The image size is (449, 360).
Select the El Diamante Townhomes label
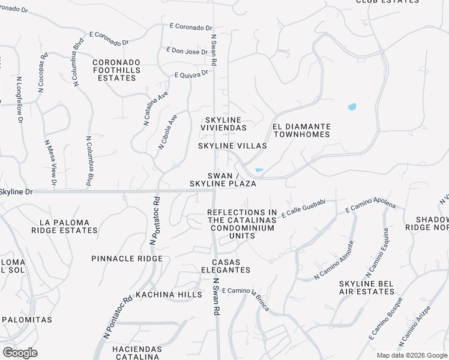(x=301, y=130)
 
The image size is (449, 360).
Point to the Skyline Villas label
(x=232, y=146)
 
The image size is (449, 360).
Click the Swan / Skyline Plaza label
(x=223, y=179)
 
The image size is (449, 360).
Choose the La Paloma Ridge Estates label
(x=64, y=226)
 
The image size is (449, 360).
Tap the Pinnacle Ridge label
(x=127, y=259)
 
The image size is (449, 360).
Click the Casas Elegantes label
(x=226, y=266)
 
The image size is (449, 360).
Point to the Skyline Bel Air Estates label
(x=367, y=287)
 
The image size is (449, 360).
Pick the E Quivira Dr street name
(x=191, y=74)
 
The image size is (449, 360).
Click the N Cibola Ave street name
(x=168, y=131)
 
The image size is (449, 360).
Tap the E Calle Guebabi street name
(x=304, y=207)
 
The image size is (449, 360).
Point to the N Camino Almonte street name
(x=333, y=260)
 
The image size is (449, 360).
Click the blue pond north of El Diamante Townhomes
(x=352, y=107)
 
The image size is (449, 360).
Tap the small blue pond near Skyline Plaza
(x=259, y=170)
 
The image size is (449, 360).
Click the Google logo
(x=20, y=353)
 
